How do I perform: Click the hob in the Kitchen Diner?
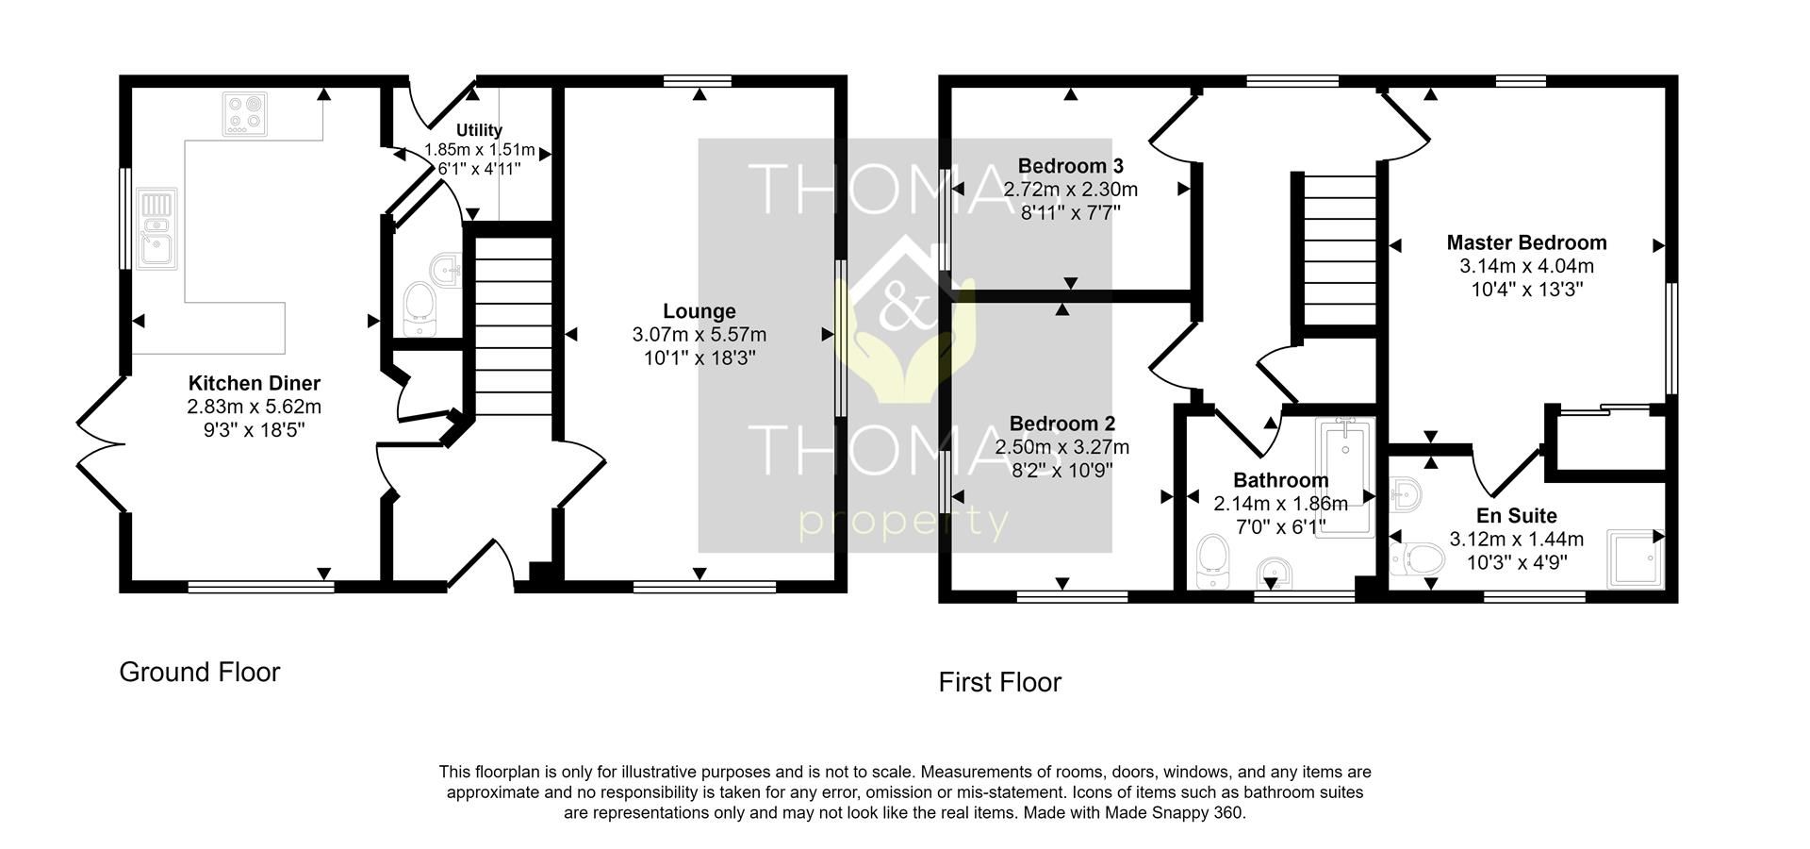247,114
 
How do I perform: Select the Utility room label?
479,130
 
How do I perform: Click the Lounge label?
699,311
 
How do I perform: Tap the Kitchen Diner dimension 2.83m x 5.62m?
254,408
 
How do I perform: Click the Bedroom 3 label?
1070,166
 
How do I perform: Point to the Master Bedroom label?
1526,242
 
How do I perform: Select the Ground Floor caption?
199,673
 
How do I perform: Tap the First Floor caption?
999,683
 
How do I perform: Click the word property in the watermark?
903,522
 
